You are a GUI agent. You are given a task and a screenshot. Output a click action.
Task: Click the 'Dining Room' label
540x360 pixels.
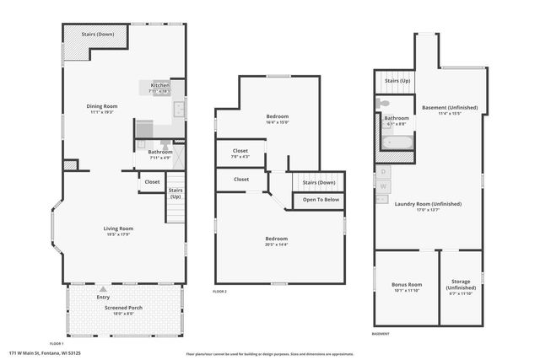click(102, 106)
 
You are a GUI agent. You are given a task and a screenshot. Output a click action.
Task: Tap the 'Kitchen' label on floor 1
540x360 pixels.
click(160, 86)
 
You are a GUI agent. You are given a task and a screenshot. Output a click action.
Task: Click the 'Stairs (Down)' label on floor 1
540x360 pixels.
click(99, 35)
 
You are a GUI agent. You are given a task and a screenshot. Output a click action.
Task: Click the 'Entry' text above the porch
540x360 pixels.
click(103, 297)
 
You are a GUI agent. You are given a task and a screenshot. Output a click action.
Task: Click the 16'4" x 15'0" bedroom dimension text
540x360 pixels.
click(278, 122)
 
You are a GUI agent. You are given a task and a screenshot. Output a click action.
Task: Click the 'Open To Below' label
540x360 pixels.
click(321, 200)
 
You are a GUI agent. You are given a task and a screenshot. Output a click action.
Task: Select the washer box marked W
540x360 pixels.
click(384, 185)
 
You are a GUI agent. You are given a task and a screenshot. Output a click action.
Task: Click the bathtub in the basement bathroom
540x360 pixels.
click(396, 141)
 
